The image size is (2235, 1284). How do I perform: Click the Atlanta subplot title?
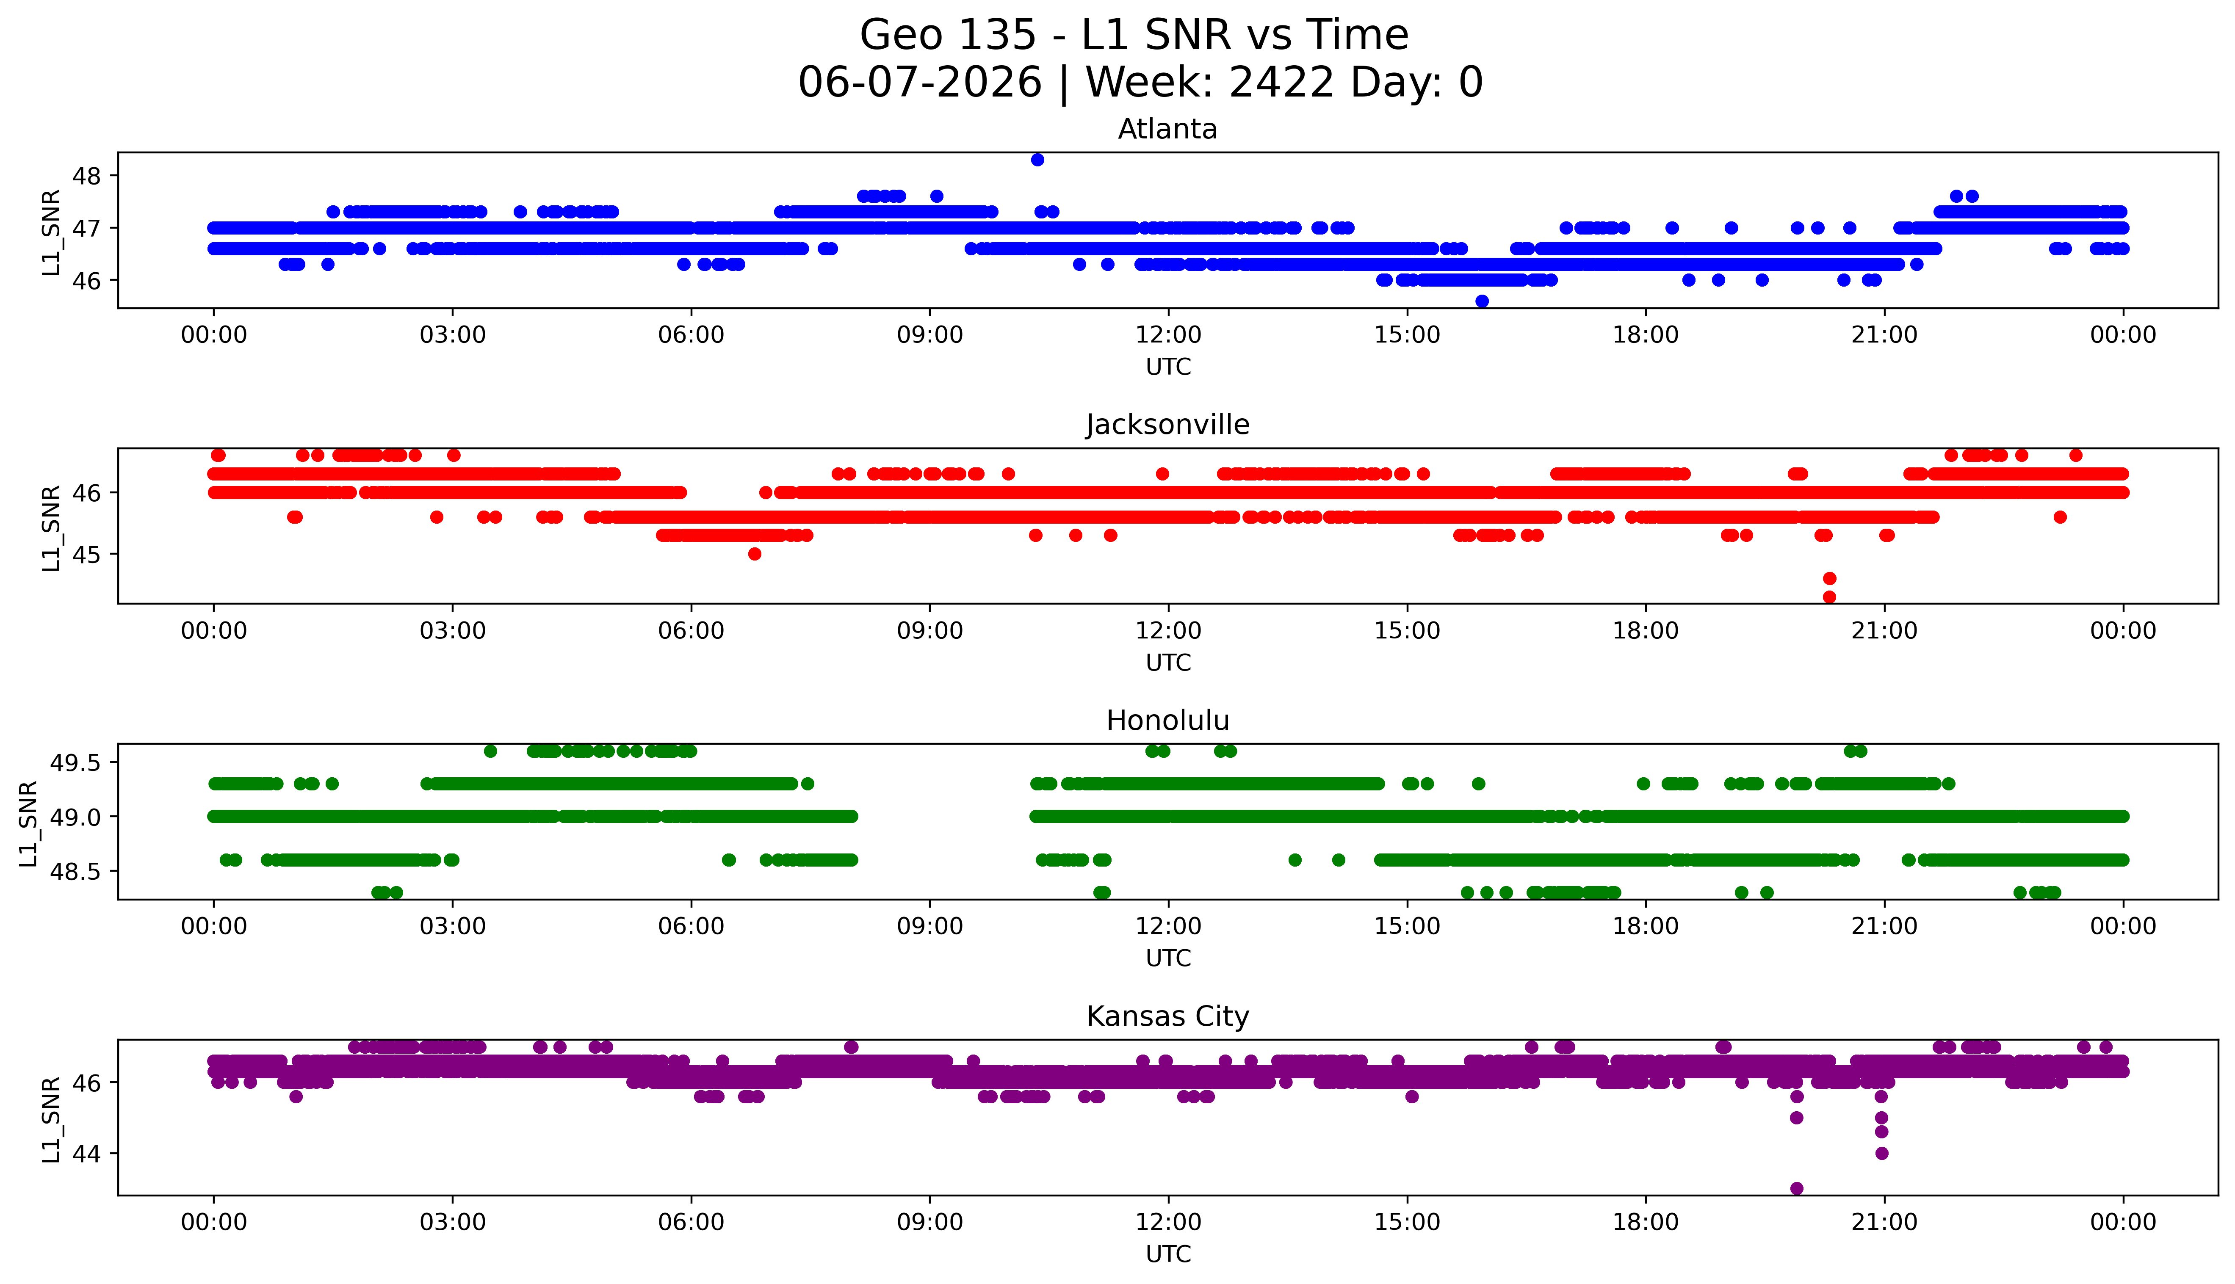(1168, 130)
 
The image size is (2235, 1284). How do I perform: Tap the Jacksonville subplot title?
(1168, 425)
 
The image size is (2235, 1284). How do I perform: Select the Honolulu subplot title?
(1168, 721)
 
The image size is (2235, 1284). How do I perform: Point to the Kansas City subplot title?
(1168, 1017)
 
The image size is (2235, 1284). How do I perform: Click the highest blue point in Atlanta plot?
(1037, 160)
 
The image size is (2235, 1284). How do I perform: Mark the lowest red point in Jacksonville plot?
(1829, 597)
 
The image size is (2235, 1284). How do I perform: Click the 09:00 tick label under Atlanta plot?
(929, 335)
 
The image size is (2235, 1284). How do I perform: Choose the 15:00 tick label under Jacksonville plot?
(1407, 630)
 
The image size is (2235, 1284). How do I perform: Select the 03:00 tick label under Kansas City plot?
(453, 1222)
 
